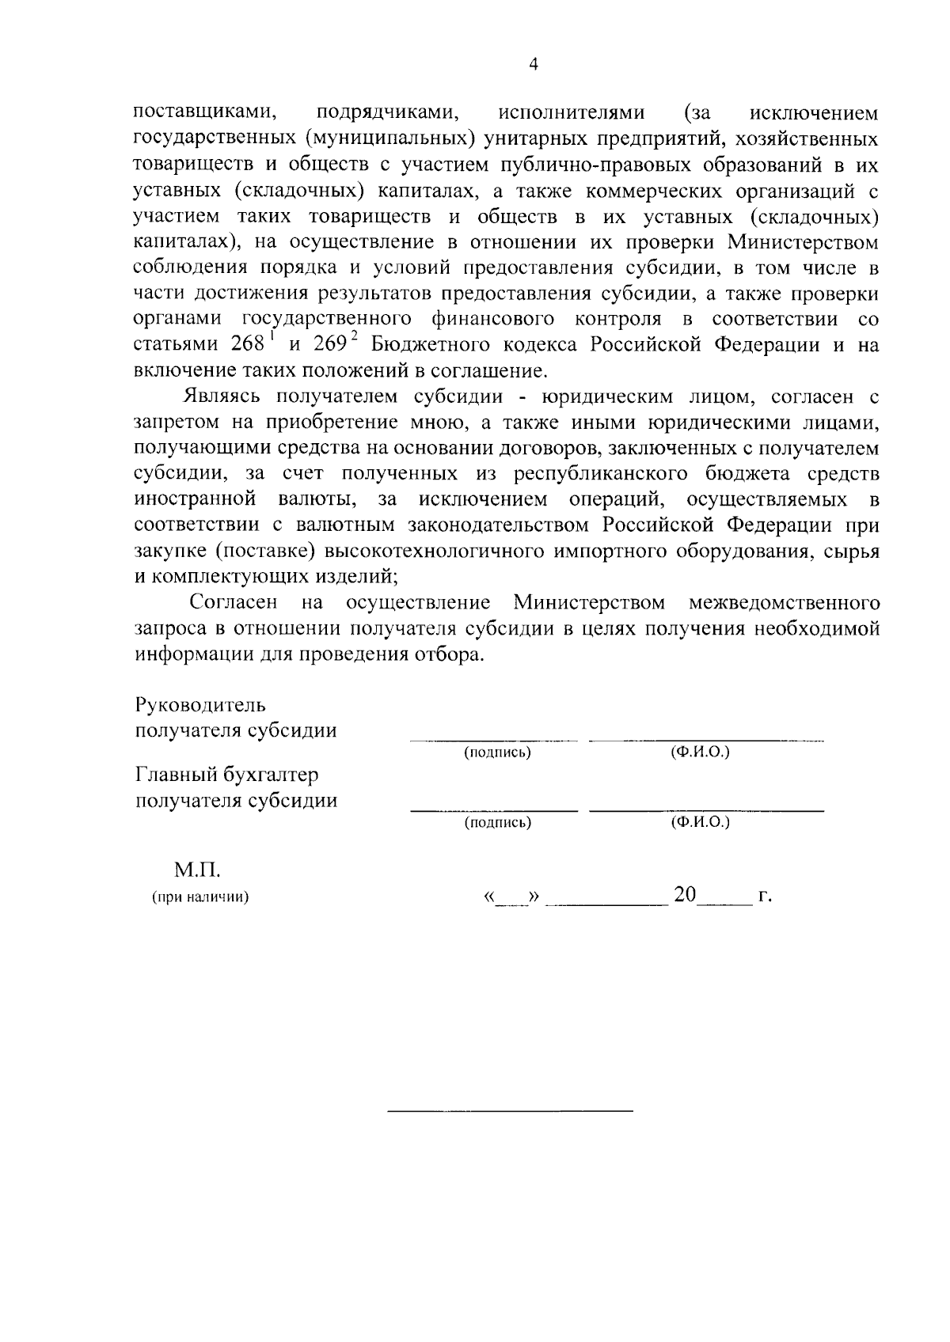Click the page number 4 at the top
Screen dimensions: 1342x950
pyautogui.click(x=533, y=66)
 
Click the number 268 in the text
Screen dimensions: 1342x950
pyautogui.click(x=251, y=346)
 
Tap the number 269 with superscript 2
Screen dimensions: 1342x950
pyautogui.click(x=333, y=346)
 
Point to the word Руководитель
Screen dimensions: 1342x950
pyautogui.click(x=200, y=705)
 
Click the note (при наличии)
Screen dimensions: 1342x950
pyautogui.click(x=200, y=897)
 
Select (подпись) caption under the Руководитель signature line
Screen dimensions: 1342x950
pyautogui.click(x=496, y=753)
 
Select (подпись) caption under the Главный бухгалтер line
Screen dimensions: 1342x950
pyautogui.click(x=496, y=823)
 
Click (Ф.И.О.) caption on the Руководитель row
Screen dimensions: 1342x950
pyautogui.click(x=700, y=752)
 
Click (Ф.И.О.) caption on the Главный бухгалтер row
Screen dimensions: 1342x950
pyautogui.click(x=700, y=822)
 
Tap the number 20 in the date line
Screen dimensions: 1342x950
pyautogui.click(x=685, y=895)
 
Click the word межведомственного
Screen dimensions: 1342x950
pyautogui.click(x=784, y=603)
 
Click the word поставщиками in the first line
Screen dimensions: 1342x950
pyautogui.click(x=204, y=113)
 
